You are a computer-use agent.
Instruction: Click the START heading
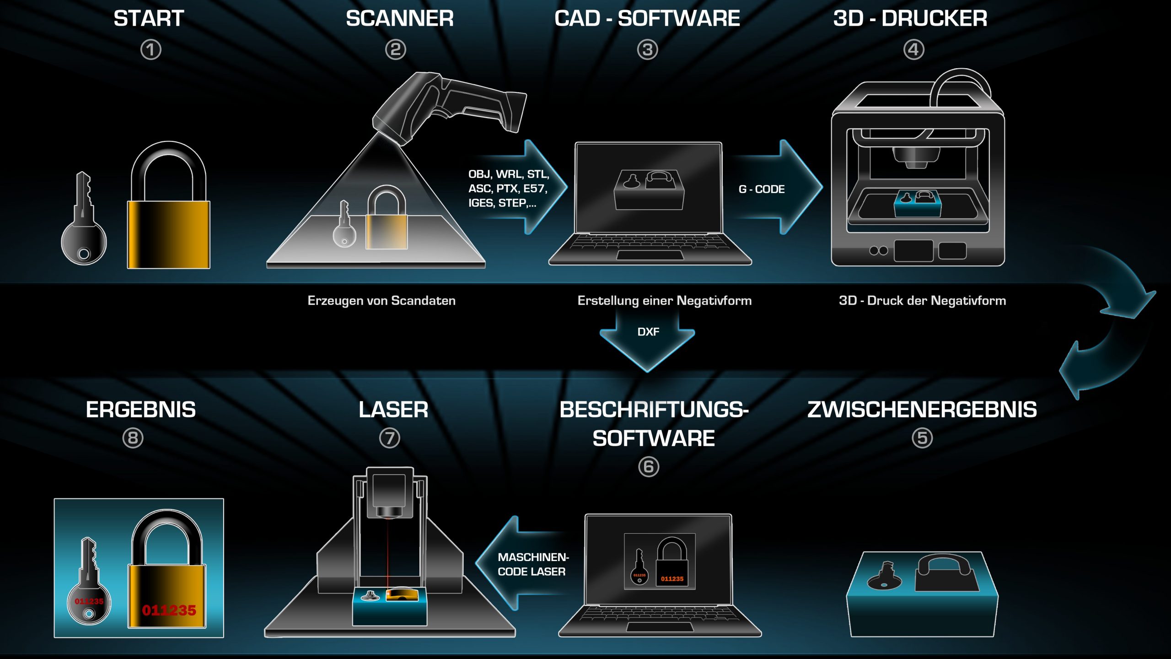click(x=149, y=19)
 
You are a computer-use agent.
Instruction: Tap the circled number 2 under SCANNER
click(x=396, y=49)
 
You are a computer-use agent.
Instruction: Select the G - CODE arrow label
click(x=762, y=189)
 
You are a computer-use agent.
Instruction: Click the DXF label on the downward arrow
click(x=648, y=332)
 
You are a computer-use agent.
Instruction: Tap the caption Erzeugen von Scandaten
click(x=381, y=301)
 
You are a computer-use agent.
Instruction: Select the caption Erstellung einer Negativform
click(x=664, y=301)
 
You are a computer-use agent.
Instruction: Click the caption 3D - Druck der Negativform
click(x=922, y=301)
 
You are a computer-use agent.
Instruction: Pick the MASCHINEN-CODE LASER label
click(x=533, y=564)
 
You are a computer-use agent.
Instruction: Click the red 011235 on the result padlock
click(x=169, y=610)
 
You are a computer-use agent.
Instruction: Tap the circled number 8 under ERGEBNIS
click(x=133, y=438)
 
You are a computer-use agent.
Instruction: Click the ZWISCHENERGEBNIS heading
click(x=922, y=410)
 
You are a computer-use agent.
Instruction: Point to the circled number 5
click(x=922, y=438)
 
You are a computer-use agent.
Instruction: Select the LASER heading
click(x=393, y=410)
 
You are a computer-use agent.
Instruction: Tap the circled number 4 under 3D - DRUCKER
click(x=913, y=49)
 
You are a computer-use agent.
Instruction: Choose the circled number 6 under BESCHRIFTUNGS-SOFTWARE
click(x=648, y=467)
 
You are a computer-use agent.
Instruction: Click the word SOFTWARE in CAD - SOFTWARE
click(x=679, y=19)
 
